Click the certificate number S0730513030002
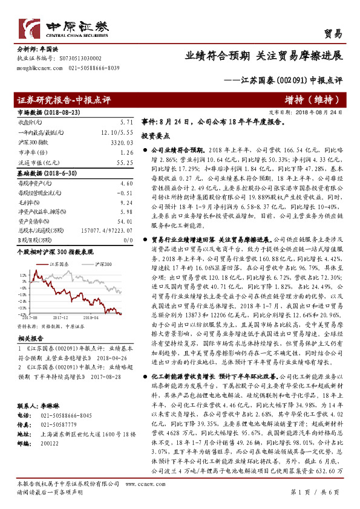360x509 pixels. [x=80, y=58]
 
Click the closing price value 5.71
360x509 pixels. [x=126, y=122]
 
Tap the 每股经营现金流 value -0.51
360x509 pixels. [x=125, y=193]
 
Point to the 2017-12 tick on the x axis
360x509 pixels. [x=61, y=316]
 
